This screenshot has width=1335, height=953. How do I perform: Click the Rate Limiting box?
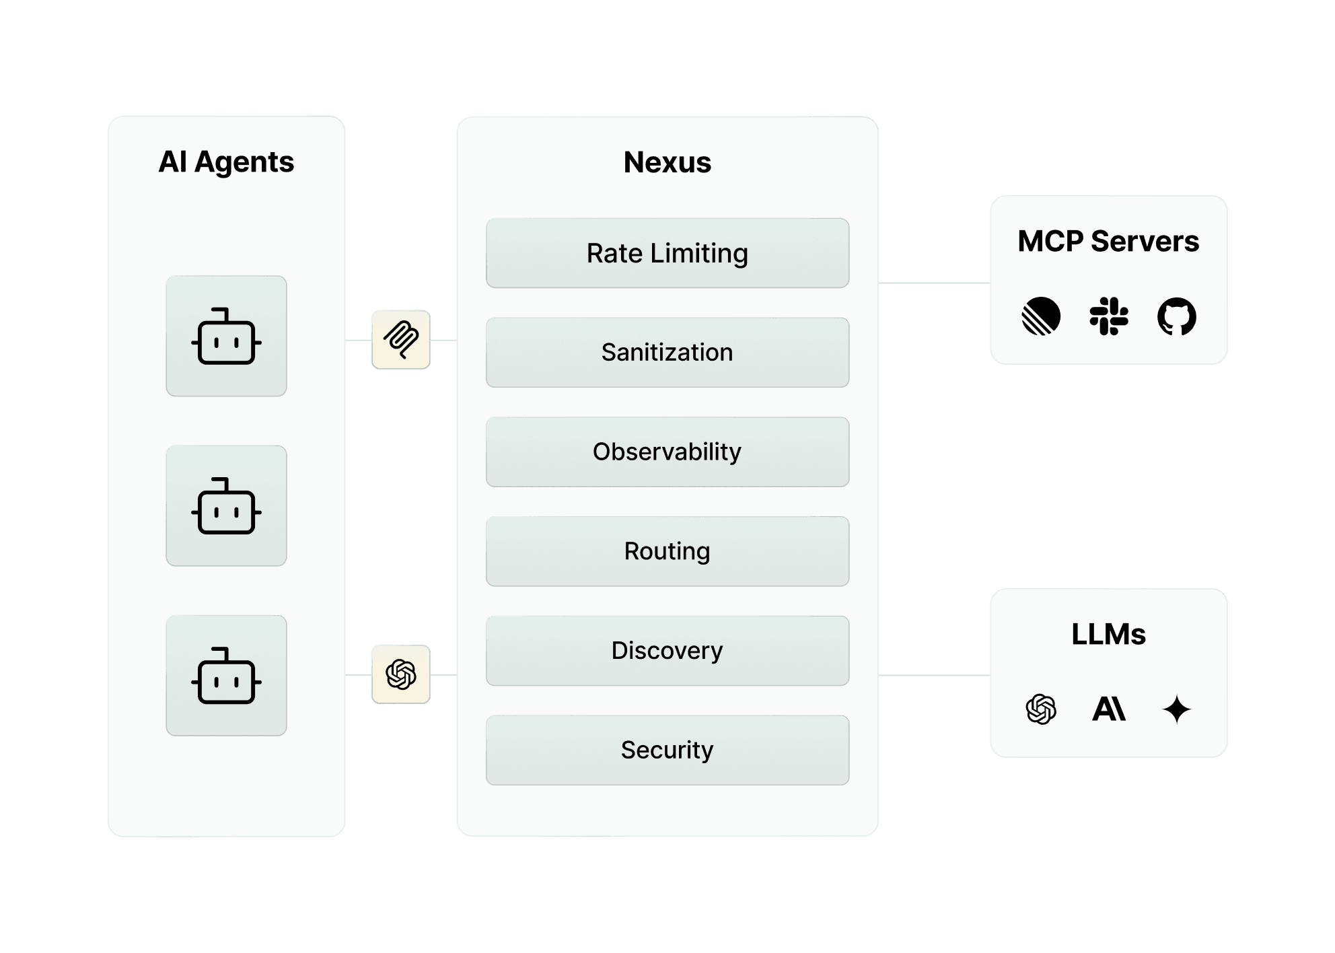tap(667, 253)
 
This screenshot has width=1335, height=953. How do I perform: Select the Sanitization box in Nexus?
tap(667, 352)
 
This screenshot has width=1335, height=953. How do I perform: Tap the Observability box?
tap(667, 452)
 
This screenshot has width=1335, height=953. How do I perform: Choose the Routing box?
tap(667, 551)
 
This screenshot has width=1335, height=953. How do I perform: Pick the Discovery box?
tap(667, 650)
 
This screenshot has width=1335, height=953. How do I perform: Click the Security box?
tap(667, 750)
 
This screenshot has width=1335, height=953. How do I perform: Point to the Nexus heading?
tap(667, 162)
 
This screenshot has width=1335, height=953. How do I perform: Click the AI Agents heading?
tap(226, 162)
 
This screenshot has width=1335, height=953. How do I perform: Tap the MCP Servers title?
tap(1108, 241)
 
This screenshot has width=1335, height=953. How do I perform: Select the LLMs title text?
tap(1108, 634)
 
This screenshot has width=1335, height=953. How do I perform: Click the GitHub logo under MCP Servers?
tap(1176, 316)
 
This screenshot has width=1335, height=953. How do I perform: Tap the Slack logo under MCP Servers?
tap(1108, 316)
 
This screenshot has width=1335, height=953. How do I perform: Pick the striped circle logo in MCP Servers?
tap(1040, 316)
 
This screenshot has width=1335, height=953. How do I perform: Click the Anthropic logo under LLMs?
tap(1108, 709)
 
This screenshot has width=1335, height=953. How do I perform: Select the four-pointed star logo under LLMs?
tap(1176, 709)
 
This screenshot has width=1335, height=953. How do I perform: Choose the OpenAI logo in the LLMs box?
tap(1040, 709)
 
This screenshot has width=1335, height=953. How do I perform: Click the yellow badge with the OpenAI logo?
tap(400, 674)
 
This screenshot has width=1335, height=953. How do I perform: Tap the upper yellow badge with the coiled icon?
tap(400, 340)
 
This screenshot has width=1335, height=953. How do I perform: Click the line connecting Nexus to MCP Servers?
tap(933, 283)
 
